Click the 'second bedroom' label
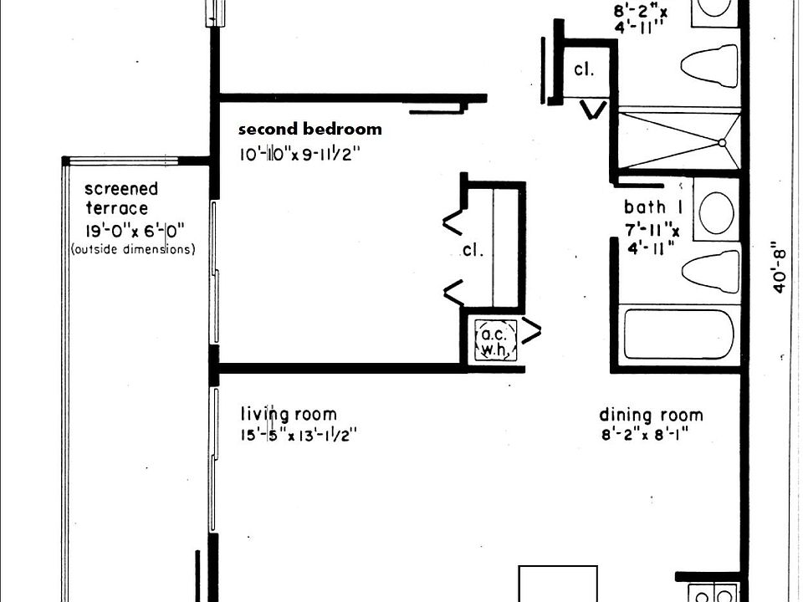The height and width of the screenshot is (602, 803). [309, 130]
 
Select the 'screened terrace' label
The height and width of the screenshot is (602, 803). [121, 198]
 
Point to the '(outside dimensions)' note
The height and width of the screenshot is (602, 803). [134, 249]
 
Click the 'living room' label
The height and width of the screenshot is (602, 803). [289, 414]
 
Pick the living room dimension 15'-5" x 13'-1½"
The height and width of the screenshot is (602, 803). [299, 435]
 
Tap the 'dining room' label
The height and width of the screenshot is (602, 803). [651, 415]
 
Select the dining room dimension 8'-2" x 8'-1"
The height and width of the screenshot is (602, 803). [649, 435]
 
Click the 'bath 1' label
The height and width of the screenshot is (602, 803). [646, 207]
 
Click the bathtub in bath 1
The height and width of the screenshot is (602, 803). [678, 334]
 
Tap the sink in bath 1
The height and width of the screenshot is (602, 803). [716, 213]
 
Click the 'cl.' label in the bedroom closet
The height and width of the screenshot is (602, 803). [473, 249]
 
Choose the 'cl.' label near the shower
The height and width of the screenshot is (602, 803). [584, 70]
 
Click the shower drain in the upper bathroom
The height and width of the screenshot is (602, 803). [722, 143]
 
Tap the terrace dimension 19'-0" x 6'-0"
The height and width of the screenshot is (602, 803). [134, 230]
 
